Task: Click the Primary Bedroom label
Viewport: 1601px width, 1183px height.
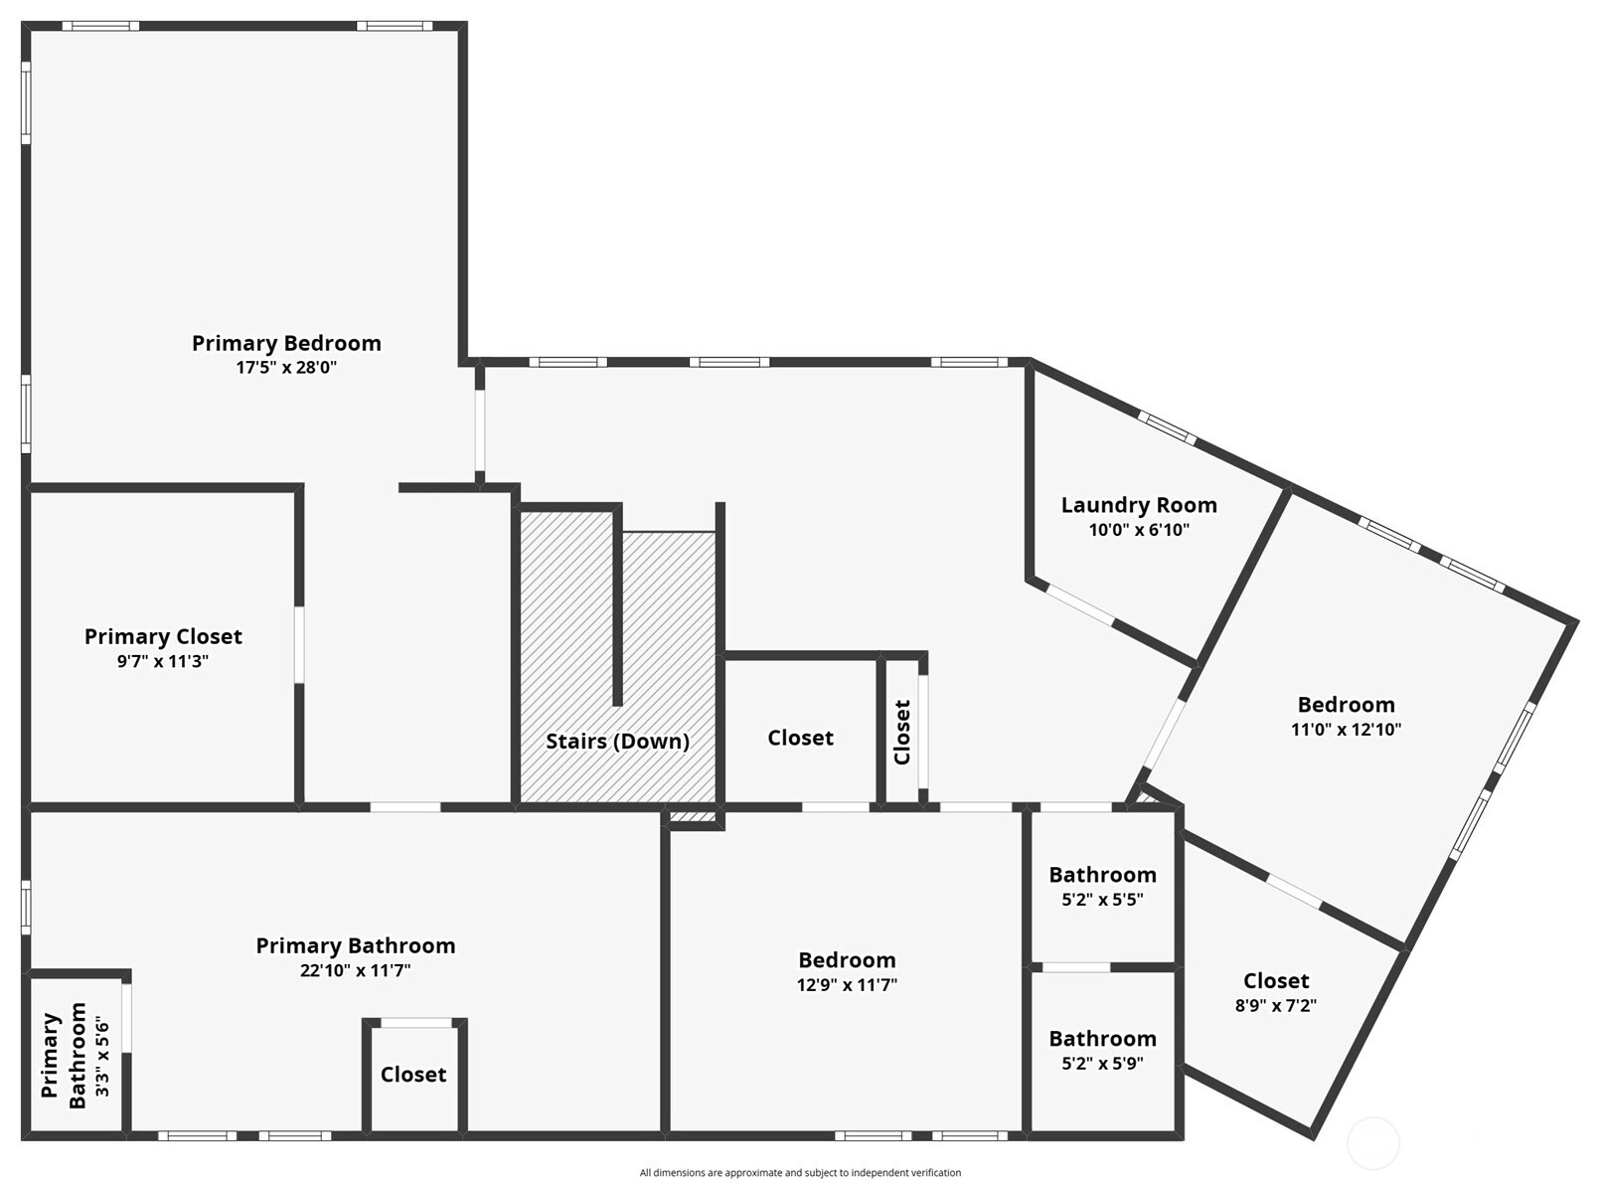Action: coord(286,343)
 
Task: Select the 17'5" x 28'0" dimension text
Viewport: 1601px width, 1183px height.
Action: coord(286,368)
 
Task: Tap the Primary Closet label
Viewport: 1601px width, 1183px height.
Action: coord(163,636)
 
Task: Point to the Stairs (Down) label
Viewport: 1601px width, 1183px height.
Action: coord(618,742)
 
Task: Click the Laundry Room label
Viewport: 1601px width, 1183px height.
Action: coord(1139,506)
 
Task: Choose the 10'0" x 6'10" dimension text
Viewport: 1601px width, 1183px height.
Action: coord(1139,530)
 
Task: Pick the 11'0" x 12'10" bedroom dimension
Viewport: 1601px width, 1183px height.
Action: coord(1347,730)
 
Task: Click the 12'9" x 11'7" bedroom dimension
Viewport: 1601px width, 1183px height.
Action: coord(848,985)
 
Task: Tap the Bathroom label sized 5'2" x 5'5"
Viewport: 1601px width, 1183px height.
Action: coord(1103,876)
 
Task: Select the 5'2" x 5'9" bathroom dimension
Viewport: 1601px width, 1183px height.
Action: coord(1103,1063)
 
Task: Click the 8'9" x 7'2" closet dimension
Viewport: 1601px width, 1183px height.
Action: coord(1276,1005)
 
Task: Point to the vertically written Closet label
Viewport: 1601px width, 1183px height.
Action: coord(902,733)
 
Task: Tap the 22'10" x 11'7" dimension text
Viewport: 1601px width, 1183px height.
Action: coord(356,970)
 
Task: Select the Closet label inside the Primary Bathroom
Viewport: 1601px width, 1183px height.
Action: coord(413,1075)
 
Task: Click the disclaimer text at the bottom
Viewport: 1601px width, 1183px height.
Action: coord(801,1173)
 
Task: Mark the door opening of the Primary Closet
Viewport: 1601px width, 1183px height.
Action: coord(299,645)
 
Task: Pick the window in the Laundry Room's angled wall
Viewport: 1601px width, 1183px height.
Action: coord(1167,428)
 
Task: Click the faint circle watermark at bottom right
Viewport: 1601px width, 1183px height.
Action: coord(1373,1143)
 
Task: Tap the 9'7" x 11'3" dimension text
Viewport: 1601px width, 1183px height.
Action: coord(163,661)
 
